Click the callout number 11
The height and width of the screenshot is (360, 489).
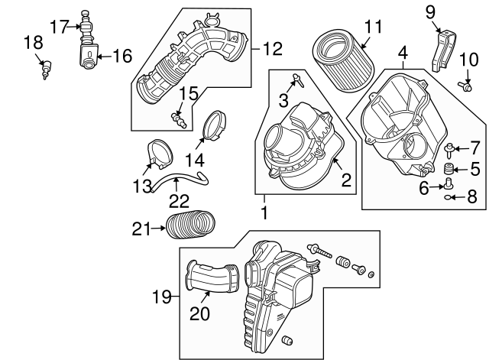click(x=374, y=27)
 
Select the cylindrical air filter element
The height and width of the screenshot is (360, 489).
click(x=343, y=60)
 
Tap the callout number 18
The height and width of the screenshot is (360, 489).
click(x=34, y=43)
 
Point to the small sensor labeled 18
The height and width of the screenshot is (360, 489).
click(x=47, y=70)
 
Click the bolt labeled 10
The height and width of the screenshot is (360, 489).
click(x=465, y=86)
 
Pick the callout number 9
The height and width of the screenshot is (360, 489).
click(x=430, y=12)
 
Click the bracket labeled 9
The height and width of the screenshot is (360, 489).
click(x=443, y=51)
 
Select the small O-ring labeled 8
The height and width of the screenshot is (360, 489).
click(x=448, y=197)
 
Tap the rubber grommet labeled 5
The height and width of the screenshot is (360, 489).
click(x=449, y=170)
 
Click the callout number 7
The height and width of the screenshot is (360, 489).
click(x=474, y=148)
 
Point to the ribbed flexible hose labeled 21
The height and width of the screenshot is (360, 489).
click(x=190, y=225)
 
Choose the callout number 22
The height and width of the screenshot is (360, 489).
click(x=179, y=201)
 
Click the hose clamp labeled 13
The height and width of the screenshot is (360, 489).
click(x=160, y=154)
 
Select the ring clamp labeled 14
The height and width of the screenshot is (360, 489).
click(x=215, y=125)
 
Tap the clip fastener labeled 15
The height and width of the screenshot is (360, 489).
click(x=179, y=121)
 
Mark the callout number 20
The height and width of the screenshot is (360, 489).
click(x=199, y=313)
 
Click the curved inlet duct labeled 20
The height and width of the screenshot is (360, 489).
click(x=212, y=277)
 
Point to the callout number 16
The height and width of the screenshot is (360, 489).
click(x=122, y=56)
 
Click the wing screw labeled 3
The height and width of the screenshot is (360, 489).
click(x=297, y=80)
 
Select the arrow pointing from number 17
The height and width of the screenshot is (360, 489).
click(x=74, y=27)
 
